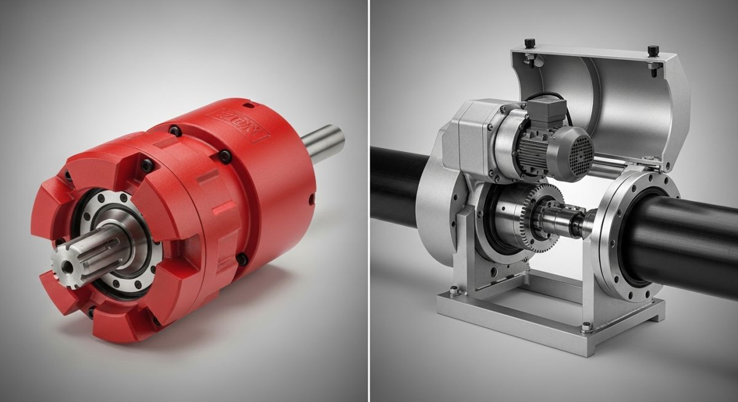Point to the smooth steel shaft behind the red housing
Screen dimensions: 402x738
323,144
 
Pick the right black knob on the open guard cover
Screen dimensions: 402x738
653,50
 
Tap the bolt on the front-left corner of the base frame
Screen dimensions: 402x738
453,291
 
